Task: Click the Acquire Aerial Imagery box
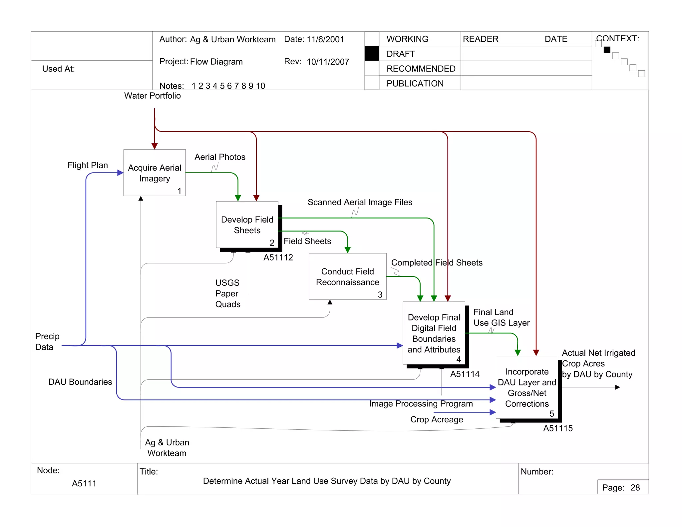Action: (155, 173)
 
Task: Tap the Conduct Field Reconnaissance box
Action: (347, 276)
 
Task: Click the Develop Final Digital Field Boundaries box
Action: (434, 333)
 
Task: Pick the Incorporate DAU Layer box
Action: (527, 387)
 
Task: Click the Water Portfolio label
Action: (153, 96)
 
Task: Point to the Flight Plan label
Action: (88, 165)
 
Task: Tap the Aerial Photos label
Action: (220, 157)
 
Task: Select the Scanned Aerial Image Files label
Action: (360, 202)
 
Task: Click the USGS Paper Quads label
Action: (227, 293)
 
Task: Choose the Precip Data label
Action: (47, 341)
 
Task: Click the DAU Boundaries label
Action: (80, 382)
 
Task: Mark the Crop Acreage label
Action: (437, 419)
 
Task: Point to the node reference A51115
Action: (558, 428)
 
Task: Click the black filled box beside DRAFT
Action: (372, 54)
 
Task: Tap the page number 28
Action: (635, 488)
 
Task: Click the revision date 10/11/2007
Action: (328, 62)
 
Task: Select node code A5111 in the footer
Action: (84, 483)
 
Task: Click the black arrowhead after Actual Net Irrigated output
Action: (617, 387)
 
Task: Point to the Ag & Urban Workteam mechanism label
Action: (167, 448)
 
